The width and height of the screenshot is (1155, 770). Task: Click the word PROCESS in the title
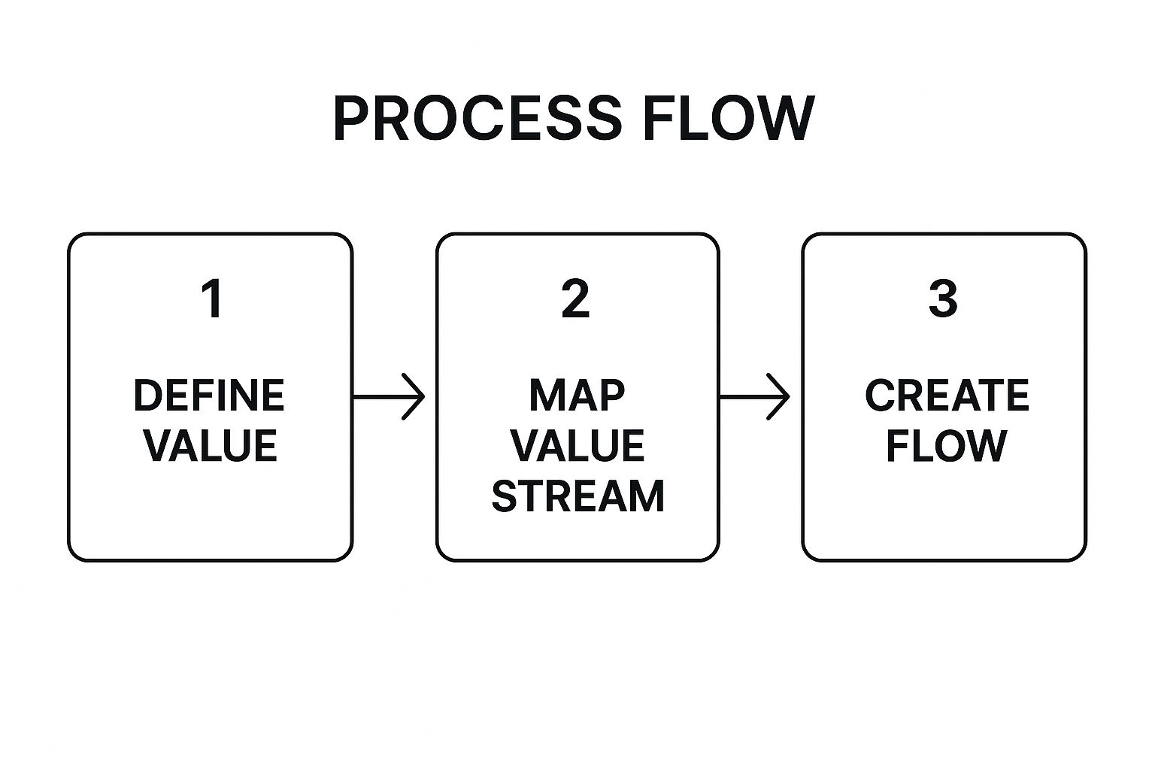[477, 118]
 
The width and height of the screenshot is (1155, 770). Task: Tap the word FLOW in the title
[729, 118]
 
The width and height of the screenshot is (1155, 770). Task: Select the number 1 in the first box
[212, 299]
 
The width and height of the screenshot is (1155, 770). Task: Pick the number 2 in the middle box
[575, 299]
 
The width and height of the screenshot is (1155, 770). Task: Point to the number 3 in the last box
[943, 299]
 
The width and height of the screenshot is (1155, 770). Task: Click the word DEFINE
[209, 396]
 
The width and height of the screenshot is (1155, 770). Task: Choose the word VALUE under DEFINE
[211, 445]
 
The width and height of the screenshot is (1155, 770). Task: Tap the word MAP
[577, 396]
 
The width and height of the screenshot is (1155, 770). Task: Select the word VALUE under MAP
[577, 445]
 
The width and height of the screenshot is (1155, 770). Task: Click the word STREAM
[578, 496]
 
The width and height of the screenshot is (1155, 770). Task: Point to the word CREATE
[947, 396]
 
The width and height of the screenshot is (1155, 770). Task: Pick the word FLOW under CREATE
[947, 445]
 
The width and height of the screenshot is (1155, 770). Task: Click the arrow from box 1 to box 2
[389, 396]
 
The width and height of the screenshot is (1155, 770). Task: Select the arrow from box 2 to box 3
[754, 396]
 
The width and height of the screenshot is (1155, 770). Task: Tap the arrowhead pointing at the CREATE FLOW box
[779, 396]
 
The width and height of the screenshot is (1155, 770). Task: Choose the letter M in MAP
[548, 396]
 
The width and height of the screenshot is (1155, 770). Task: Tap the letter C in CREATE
[880, 396]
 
